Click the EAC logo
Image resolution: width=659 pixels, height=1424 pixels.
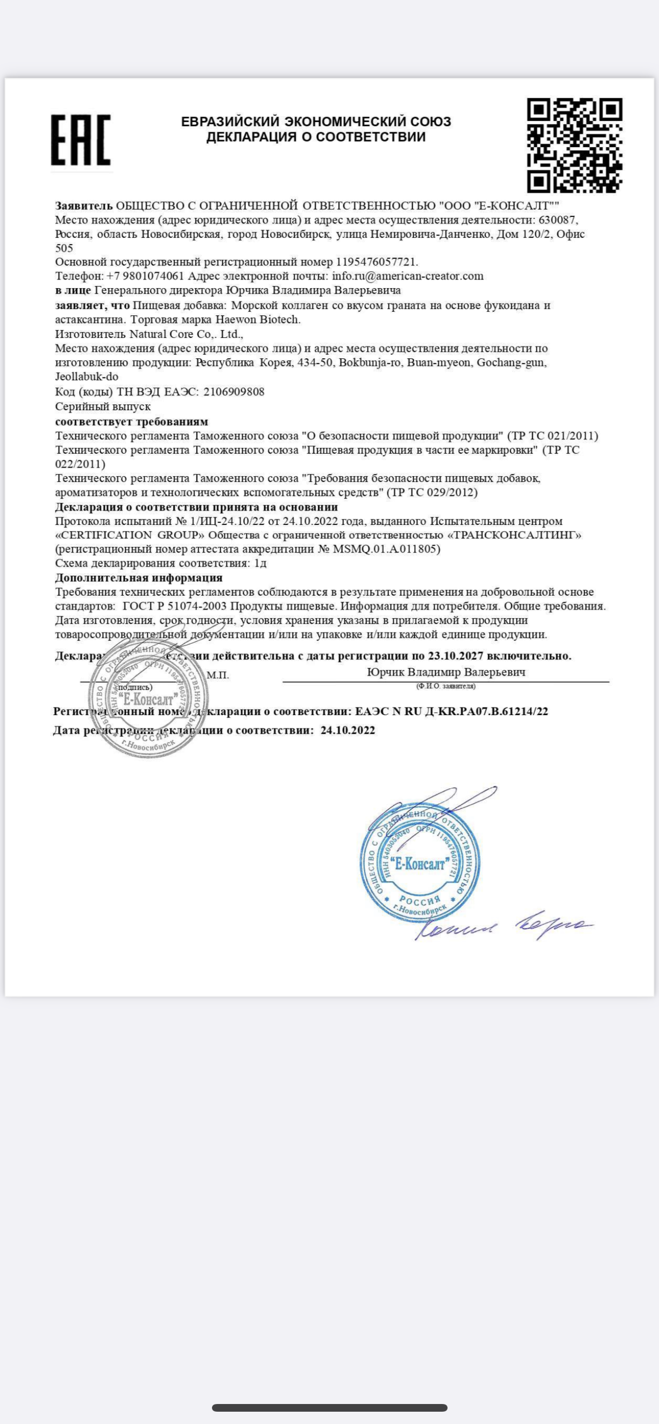pyautogui.click(x=81, y=140)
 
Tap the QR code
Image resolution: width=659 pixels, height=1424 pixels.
pyautogui.click(x=574, y=145)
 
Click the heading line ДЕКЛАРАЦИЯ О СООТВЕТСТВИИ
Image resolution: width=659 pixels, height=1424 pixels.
pyautogui.click(x=316, y=137)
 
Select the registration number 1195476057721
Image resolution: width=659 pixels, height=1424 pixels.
pyautogui.click(x=376, y=261)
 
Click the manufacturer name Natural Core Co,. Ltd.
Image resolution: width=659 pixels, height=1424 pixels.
pyautogui.click(x=186, y=334)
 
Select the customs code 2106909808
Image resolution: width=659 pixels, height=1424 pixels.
pyautogui.click(x=234, y=392)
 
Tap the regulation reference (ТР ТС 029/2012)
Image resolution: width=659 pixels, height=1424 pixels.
pyautogui.click(x=432, y=492)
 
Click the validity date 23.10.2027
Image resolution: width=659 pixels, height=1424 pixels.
pyautogui.click(x=455, y=656)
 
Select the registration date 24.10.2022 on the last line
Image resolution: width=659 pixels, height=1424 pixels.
pyautogui.click(x=347, y=730)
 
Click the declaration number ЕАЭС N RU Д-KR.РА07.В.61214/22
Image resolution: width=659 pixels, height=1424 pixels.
pyautogui.click(x=452, y=711)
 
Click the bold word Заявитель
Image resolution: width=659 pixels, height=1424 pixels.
pyautogui.click(x=84, y=206)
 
